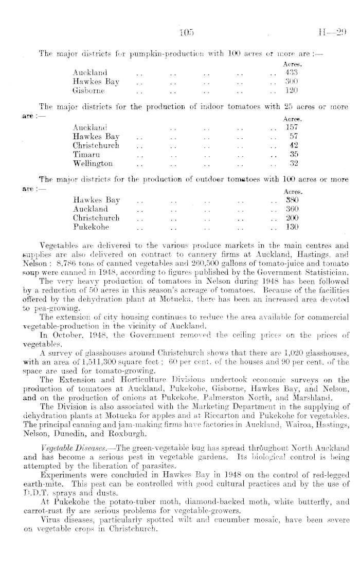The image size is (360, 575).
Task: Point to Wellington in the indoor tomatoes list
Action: point(93,164)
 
